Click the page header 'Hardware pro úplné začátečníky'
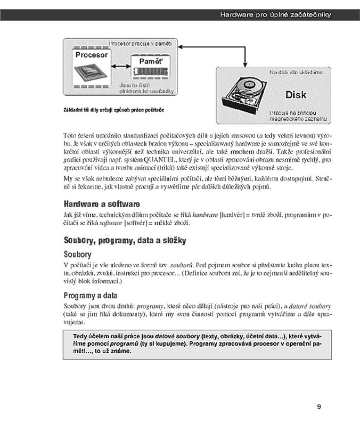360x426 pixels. pos(275,14)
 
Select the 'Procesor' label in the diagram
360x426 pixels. pos(92,55)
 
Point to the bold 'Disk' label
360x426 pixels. pos(296,95)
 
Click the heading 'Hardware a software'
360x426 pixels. pos(102,204)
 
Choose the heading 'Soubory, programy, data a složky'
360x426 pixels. pos(125,241)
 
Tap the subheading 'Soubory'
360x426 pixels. pos(78,255)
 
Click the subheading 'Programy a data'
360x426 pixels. pos(91,296)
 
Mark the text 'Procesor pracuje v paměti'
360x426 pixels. pos(141,43)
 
